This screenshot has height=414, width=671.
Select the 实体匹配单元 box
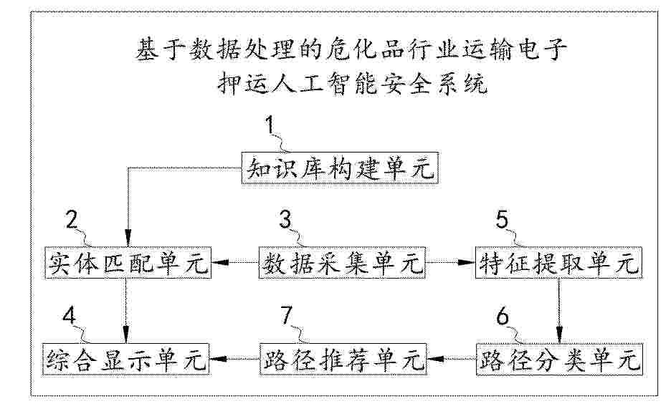(128, 263)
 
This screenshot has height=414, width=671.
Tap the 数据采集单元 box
(343, 263)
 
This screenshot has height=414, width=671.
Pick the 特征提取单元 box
(559, 263)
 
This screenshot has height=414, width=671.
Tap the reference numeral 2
(71, 220)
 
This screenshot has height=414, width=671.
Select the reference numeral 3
(285, 220)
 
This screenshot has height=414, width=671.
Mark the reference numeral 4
(69, 317)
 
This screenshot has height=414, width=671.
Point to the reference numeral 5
(502, 220)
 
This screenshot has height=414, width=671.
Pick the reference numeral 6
(503, 317)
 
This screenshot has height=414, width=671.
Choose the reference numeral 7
(286, 317)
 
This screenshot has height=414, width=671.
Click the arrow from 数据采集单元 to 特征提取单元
(451, 262)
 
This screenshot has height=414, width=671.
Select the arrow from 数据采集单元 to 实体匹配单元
(235, 262)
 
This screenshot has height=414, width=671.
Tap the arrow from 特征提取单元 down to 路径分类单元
(559, 311)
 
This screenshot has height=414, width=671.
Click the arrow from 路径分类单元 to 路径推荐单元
(452, 359)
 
